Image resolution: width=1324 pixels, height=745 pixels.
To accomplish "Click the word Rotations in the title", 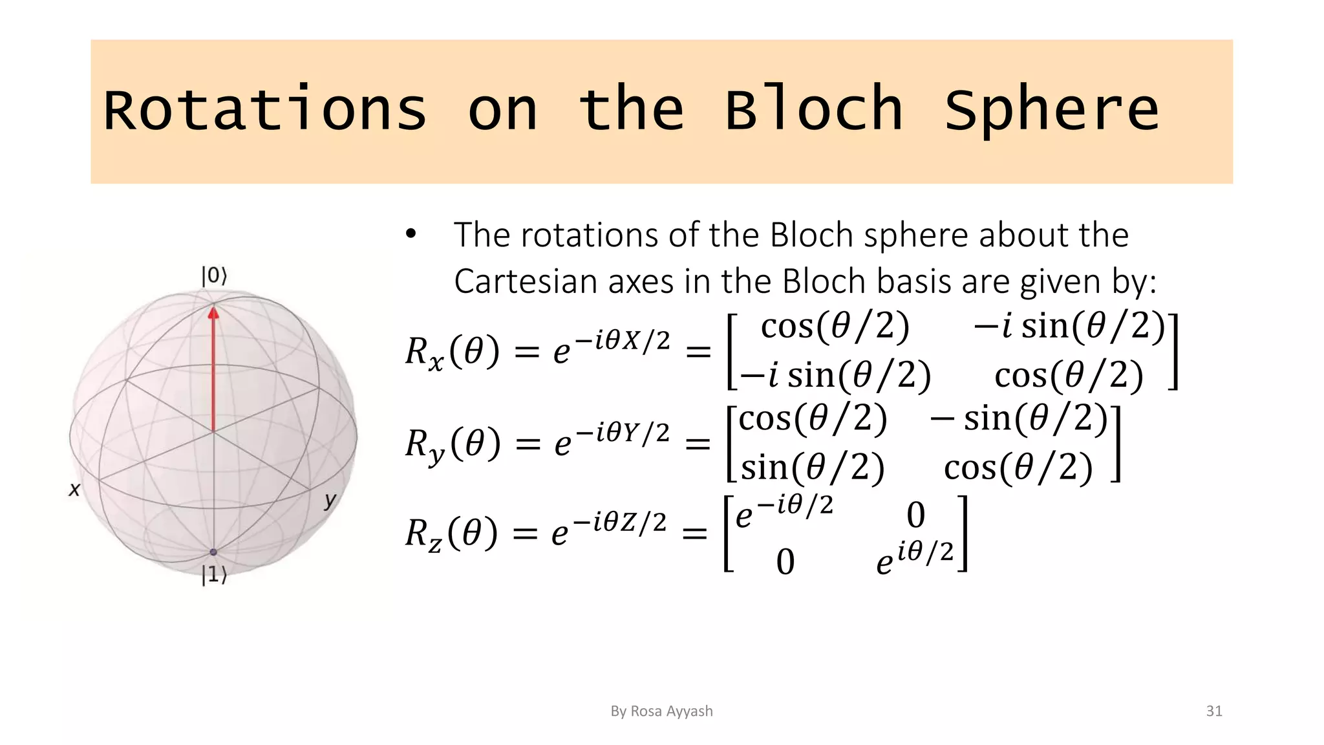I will (x=265, y=110).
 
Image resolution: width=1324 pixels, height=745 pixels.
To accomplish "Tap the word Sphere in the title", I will (x=1052, y=110).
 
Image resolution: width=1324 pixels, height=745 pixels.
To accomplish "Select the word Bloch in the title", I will (x=813, y=110).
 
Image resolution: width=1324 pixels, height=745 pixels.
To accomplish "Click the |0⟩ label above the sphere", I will (x=214, y=276).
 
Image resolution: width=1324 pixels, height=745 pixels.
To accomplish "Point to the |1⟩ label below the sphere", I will (x=214, y=574).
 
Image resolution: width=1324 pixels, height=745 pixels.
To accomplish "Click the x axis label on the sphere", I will (x=74, y=490).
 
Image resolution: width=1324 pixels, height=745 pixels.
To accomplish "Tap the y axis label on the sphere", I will (x=330, y=500).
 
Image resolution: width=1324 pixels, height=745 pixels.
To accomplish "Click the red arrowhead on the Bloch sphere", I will (x=213, y=313).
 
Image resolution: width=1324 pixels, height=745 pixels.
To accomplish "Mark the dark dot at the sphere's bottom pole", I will (x=213, y=552).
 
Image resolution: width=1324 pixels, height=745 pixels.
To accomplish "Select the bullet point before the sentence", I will (x=411, y=234).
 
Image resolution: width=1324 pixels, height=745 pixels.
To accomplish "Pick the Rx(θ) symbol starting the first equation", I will (x=452, y=352).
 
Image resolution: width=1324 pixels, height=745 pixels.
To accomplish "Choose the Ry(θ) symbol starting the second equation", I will (x=453, y=444).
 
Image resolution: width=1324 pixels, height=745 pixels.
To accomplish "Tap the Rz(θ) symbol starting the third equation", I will (x=451, y=534).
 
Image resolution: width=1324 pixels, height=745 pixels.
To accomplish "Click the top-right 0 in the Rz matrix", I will (x=915, y=515).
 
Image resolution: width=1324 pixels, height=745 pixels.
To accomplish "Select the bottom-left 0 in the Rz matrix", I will (x=785, y=561).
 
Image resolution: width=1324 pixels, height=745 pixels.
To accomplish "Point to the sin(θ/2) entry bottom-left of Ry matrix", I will (x=812, y=467).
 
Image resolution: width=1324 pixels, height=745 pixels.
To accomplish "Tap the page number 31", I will (x=1214, y=711).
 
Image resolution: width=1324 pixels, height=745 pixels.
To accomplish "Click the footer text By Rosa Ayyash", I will (x=661, y=711).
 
